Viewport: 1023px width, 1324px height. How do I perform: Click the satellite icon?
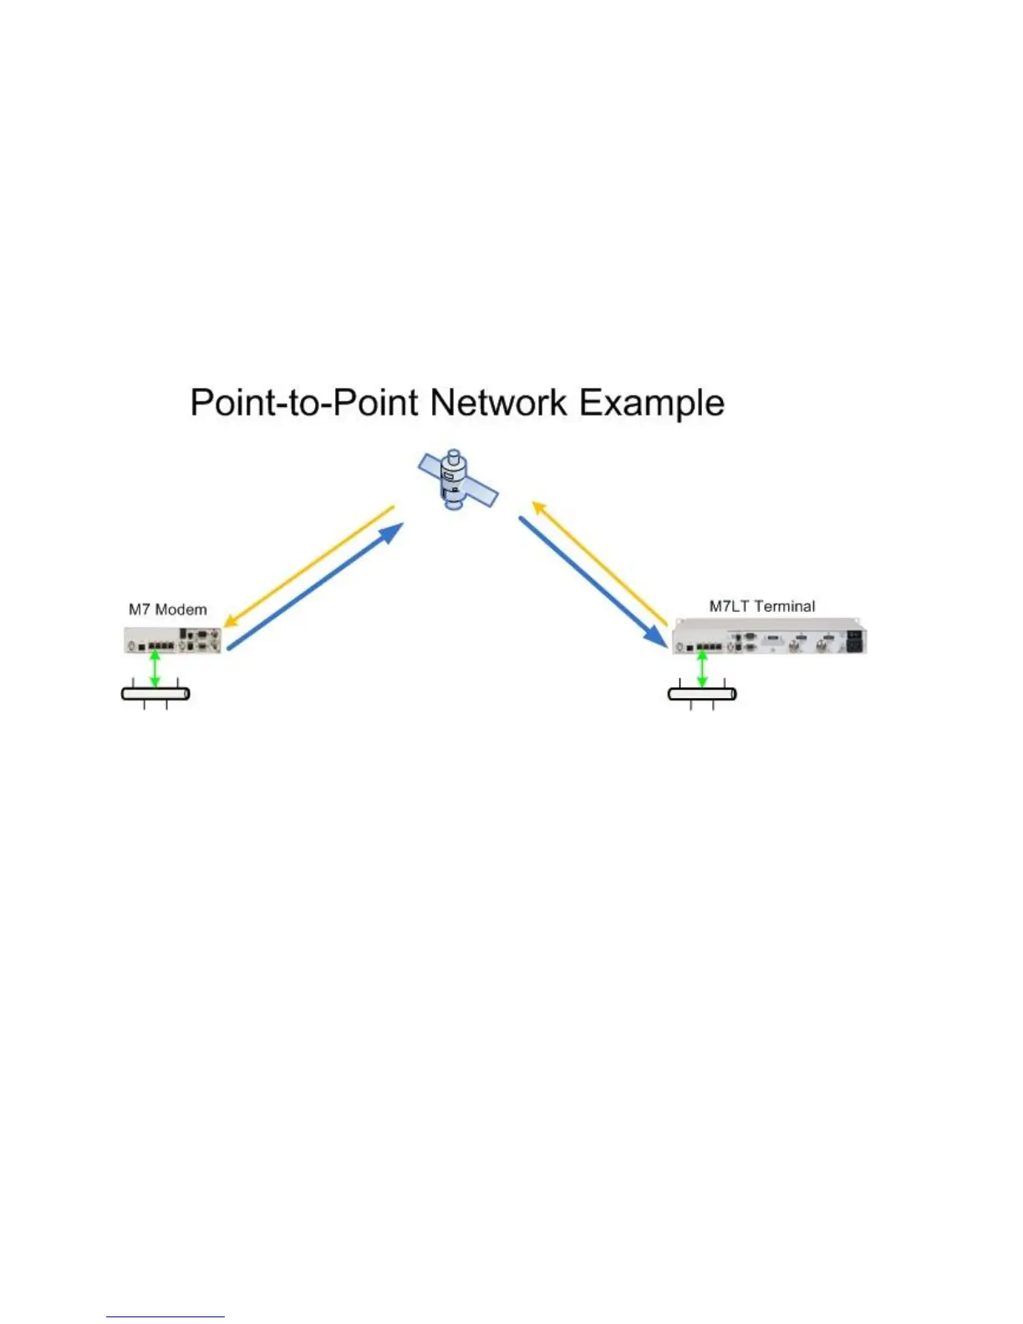(455, 481)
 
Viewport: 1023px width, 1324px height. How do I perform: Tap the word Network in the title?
(498, 403)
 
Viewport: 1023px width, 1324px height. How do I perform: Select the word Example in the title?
(652, 403)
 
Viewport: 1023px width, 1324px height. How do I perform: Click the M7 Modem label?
(167, 609)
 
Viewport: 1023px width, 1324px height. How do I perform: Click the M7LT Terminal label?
(762, 606)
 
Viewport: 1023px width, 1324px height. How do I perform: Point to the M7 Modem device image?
(174, 640)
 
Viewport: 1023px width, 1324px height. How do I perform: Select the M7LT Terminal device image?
(770, 637)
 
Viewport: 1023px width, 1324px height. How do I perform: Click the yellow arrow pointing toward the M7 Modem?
(309, 564)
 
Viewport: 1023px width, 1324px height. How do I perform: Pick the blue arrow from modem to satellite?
(316, 585)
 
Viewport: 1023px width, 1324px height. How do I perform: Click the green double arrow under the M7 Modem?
(155, 669)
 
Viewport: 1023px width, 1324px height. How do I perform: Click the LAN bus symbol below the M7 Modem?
(156, 693)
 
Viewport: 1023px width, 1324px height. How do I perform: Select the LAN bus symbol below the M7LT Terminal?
(703, 694)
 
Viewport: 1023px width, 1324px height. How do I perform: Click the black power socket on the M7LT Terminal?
(855, 642)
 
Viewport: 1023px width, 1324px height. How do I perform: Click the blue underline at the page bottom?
(165, 1316)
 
